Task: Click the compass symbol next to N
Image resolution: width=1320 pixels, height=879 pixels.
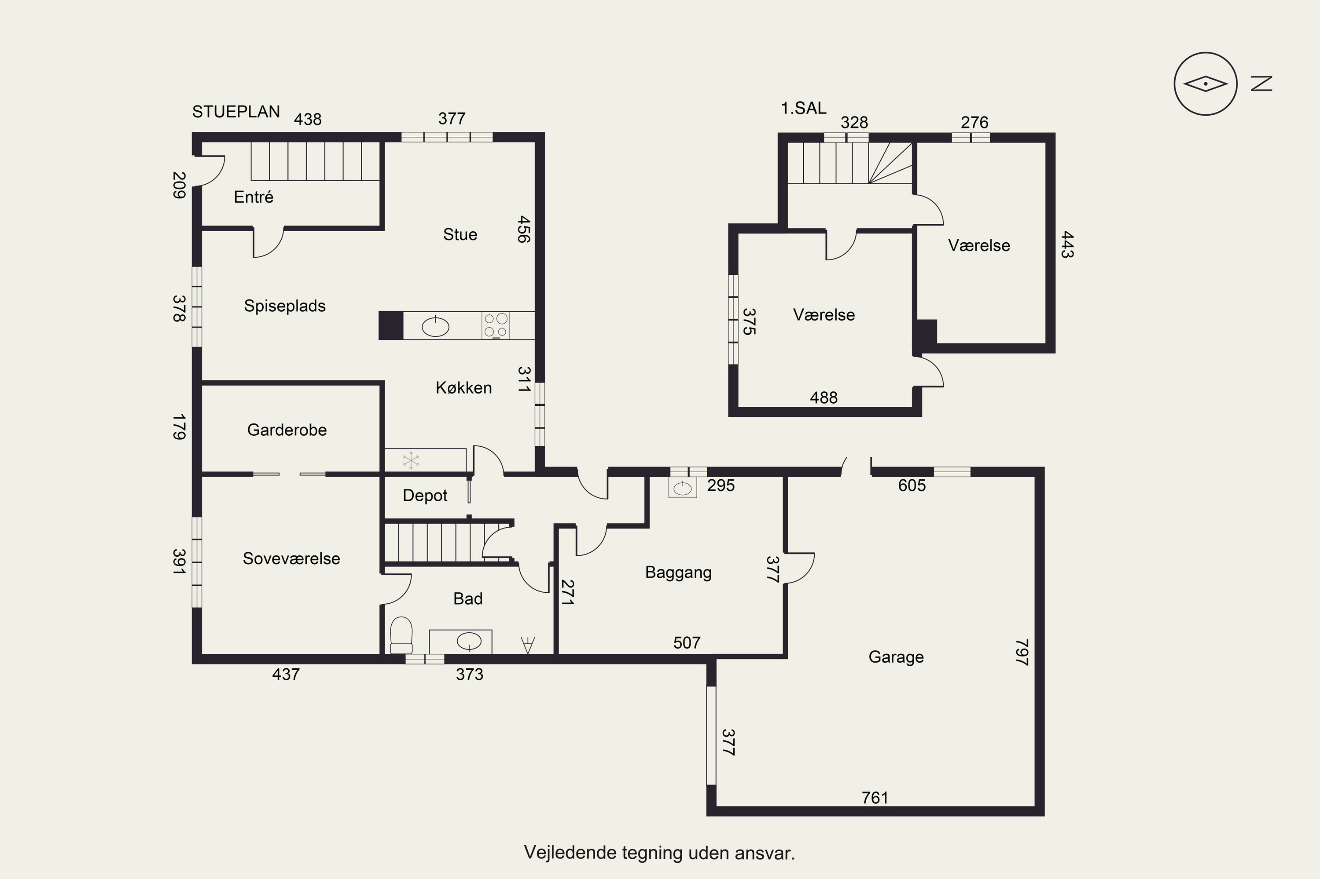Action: [1206, 84]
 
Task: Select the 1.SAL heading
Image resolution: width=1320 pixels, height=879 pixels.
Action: [803, 108]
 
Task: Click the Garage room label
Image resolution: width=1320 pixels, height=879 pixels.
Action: [896, 657]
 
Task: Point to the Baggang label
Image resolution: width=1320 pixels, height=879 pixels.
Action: [678, 573]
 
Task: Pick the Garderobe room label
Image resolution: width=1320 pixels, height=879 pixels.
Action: [287, 430]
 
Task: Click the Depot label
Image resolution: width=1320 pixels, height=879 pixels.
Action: [425, 496]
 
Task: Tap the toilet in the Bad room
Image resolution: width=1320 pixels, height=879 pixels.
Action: [401, 635]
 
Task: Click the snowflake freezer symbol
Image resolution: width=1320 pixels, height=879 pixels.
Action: [411, 461]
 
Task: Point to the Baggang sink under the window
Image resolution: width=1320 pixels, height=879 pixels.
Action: [683, 488]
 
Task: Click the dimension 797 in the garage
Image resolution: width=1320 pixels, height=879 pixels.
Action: [1022, 652]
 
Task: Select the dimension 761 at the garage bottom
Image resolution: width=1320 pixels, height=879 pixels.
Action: [875, 797]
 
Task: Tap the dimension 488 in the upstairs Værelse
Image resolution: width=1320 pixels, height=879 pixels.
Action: [824, 398]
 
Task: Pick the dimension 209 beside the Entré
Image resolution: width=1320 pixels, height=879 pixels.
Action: [178, 185]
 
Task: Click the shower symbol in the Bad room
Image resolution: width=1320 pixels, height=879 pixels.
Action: [527, 645]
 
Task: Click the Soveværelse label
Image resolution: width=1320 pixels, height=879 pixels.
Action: [291, 558]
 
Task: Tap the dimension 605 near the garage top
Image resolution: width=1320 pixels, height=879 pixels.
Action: [912, 485]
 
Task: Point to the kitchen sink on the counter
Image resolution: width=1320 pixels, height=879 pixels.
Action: [435, 326]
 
